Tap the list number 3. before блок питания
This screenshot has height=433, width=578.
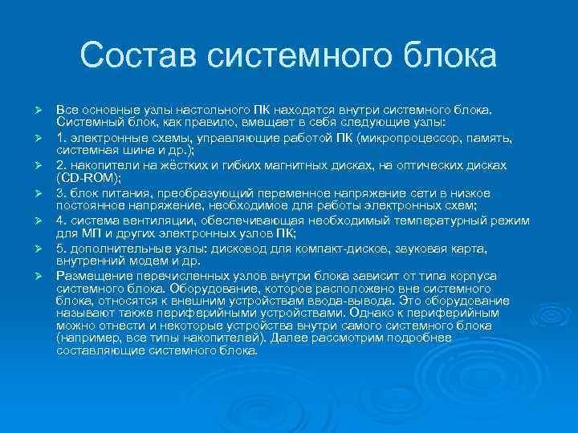coord(61,192)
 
